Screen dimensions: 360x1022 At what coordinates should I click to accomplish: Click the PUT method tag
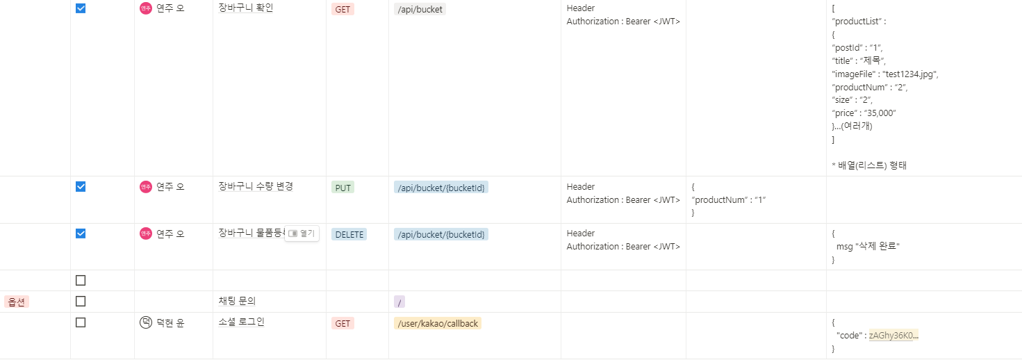click(343, 188)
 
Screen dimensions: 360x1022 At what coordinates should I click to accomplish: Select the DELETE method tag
click(349, 234)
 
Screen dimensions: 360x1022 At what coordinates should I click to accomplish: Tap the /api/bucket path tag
click(420, 9)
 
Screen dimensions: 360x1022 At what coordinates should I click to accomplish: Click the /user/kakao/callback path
click(437, 323)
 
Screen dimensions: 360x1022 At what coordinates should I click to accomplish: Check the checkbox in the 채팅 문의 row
click(81, 302)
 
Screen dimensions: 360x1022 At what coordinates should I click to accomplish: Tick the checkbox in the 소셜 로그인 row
click(81, 322)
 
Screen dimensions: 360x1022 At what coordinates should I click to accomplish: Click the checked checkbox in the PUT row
click(81, 186)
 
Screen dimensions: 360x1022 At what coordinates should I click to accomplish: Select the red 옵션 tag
click(17, 302)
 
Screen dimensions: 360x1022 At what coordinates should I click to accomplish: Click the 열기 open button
click(302, 234)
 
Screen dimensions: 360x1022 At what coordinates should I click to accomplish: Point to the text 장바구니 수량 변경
click(256, 186)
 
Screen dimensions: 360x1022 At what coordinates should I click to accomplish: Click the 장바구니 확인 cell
click(246, 8)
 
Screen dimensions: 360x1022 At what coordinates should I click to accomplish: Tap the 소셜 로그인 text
click(241, 322)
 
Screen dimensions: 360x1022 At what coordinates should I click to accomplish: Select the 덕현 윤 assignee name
click(170, 322)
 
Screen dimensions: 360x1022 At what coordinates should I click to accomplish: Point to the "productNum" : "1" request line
click(729, 199)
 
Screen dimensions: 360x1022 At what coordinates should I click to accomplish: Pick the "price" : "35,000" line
click(864, 113)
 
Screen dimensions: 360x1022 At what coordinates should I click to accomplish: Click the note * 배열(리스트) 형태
click(869, 165)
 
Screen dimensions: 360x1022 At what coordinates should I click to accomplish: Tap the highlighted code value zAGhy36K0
click(893, 335)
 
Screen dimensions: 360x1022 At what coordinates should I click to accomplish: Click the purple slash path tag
click(399, 302)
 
